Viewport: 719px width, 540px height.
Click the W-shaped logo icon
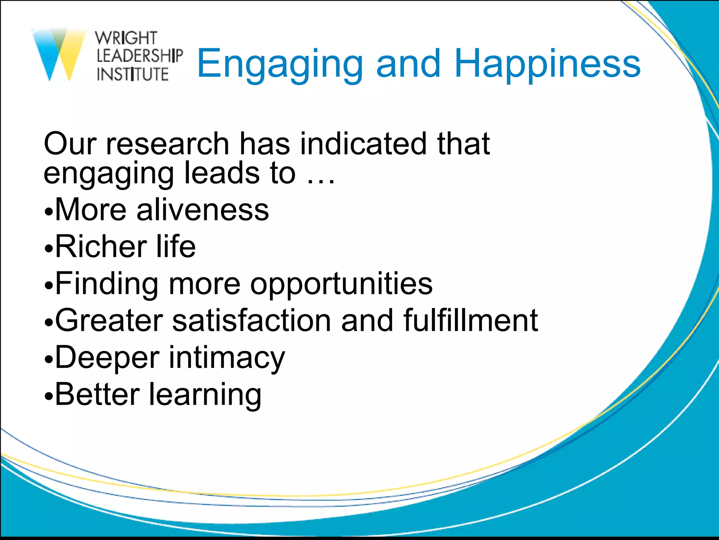(x=59, y=54)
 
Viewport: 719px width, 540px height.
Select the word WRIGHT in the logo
(x=126, y=38)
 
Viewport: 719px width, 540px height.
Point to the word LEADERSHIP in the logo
(x=139, y=56)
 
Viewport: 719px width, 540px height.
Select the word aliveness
(x=203, y=210)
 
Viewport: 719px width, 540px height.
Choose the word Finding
(x=107, y=284)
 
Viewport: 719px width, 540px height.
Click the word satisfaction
(x=251, y=320)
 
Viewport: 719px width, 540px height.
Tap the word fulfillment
(x=470, y=320)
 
